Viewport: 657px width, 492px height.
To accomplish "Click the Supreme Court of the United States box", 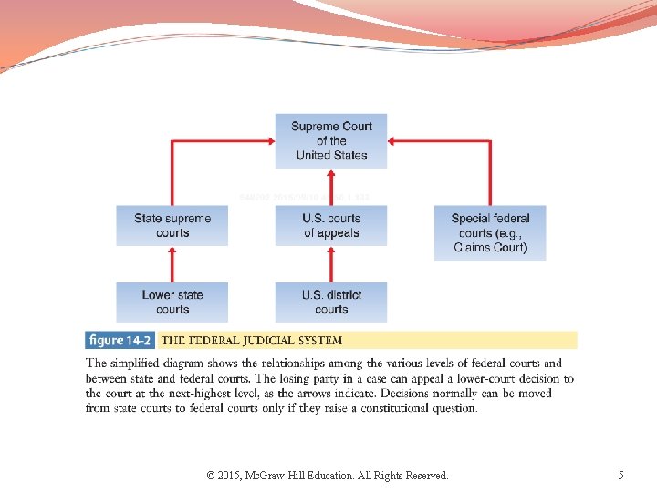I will click(331, 140).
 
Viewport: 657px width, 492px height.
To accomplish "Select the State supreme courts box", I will click(172, 225).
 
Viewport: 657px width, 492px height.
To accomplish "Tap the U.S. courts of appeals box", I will click(331, 225).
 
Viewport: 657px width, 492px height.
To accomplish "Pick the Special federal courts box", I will click(490, 232).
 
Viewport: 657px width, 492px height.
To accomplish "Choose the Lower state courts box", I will click(172, 302).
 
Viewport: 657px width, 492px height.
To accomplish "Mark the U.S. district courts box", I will click(331, 302).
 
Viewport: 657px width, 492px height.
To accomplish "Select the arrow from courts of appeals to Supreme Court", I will click(331, 187).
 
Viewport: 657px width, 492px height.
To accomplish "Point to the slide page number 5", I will click(620, 475).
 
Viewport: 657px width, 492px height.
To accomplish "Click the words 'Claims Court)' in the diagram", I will click(490, 247).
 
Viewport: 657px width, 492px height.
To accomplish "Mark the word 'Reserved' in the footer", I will click(422, 475).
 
